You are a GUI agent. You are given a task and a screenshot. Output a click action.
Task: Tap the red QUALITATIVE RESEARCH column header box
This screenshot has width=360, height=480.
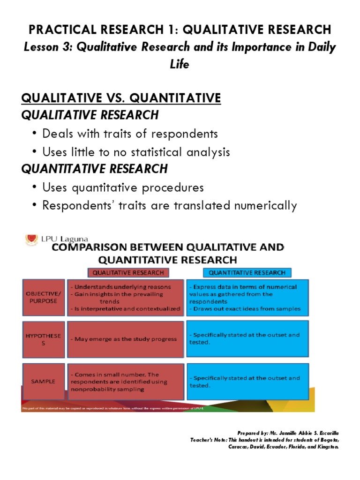pos(128,272)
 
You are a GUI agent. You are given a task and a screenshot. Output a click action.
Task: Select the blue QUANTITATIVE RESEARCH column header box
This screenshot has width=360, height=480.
pos(247,272)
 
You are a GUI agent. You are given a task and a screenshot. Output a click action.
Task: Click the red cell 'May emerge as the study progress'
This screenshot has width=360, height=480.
pos(125,339)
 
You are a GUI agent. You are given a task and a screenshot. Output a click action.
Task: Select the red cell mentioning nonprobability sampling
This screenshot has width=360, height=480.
pos(125,382)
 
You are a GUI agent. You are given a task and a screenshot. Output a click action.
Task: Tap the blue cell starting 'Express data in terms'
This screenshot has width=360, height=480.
pos(247,297)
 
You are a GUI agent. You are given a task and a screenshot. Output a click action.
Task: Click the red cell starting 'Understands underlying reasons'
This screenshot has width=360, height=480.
pos(125,297)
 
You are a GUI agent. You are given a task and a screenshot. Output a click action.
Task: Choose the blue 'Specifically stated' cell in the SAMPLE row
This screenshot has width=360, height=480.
pos(247,382)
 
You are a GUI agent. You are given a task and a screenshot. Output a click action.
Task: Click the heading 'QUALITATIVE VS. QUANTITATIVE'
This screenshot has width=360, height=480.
pos(121,98)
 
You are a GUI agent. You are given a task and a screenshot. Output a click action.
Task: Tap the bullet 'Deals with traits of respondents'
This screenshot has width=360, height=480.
pos(130,134)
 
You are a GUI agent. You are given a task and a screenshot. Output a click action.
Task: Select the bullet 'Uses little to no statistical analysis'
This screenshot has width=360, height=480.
pos(136,152)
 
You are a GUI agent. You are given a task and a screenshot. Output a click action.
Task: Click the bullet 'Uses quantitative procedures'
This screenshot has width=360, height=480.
pos(123,187)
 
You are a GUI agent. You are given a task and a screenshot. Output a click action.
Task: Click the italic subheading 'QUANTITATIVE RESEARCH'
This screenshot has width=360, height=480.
pos(94,169)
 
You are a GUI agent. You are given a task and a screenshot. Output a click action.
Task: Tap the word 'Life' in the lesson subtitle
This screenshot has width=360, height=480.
pos(180,64)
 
